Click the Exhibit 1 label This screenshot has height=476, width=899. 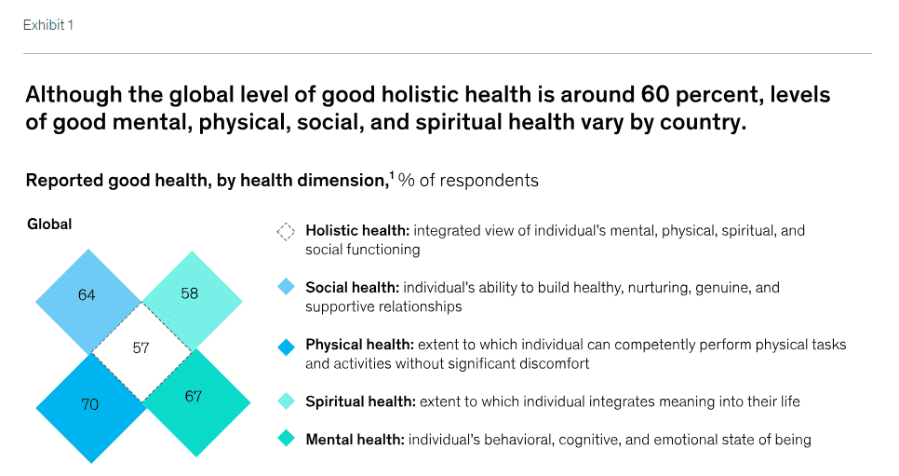click(47, 25)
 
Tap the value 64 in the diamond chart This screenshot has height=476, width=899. click(87, 295)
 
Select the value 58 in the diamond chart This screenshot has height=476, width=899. click(190, 293)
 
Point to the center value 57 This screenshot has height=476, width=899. click(141, 349)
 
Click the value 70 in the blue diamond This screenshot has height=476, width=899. click(89, 404)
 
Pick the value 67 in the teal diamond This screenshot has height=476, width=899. click(194, 397)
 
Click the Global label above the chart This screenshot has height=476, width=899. click(49, 224)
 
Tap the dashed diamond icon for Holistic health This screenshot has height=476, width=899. click(286, 231)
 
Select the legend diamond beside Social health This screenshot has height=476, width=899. click(286, 288)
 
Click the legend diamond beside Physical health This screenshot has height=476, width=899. click(286, 346)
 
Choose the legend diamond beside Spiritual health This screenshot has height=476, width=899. click(286, 402)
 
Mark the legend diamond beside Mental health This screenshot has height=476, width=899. click(286, 440)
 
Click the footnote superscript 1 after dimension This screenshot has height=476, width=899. click(391, 174)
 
